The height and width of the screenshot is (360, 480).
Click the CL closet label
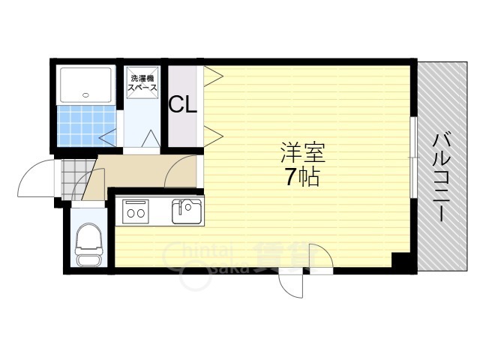[182, 104]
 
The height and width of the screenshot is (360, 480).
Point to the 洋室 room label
[303, 154]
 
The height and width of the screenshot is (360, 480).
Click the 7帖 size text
[303, 178]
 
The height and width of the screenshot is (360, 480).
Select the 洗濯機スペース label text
[142, 83]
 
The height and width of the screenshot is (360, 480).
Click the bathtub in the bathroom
[86, 85]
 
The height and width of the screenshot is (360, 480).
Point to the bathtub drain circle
[86, 95]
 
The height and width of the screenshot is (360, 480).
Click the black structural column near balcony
[403, 263]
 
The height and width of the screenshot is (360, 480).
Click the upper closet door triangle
[211, 76]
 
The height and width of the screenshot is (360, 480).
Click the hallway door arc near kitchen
[180, 172]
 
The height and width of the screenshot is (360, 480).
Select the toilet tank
[89, 260]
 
